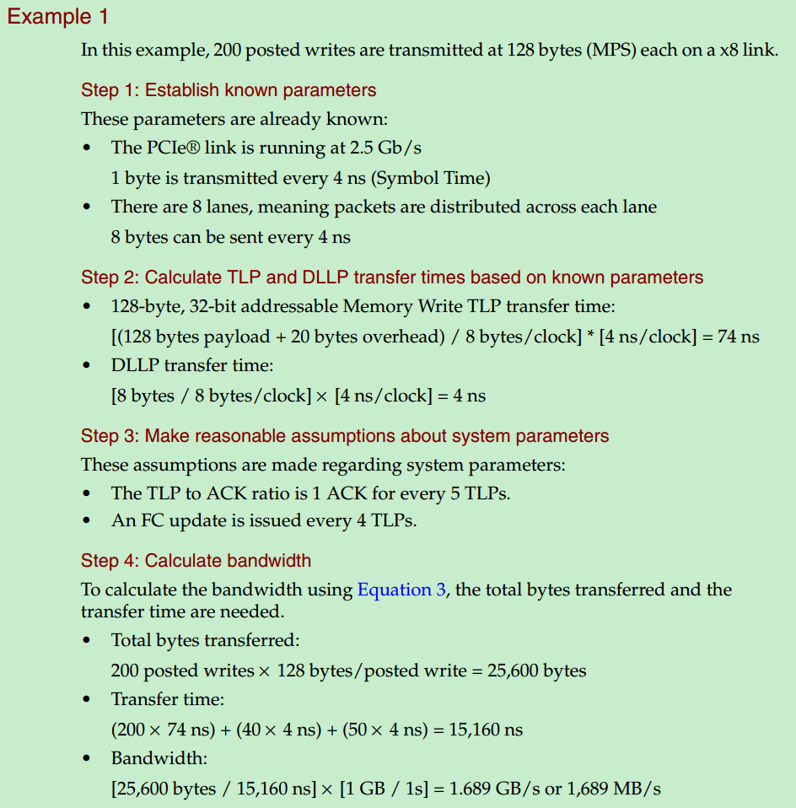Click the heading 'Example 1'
click(x=58, y=17)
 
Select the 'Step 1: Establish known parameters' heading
click(x=229, y=90)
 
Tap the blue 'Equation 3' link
click(x=401, y=590)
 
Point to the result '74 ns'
click(x=738, y=337)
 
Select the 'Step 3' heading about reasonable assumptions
click(x=345, y=436)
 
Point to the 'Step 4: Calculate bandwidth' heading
click(x=196, y=561)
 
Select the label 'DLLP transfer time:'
click(x=192, y=365)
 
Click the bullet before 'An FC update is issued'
click(x=89, y=521)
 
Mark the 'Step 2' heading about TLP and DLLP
click(x=392, y=277)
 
